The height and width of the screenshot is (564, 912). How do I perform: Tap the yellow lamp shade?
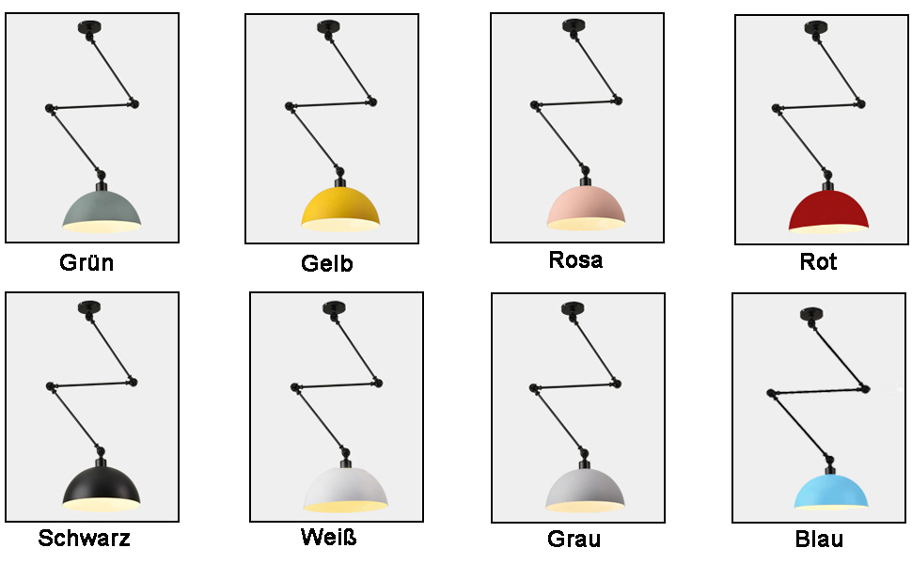[x=340, y=207]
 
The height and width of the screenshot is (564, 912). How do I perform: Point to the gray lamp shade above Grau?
[x=586, y=489]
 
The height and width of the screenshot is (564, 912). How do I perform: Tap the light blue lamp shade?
[x=829, y=488]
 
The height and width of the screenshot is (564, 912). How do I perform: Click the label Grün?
[x=86, y=262]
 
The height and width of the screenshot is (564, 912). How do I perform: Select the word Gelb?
[x=327, y=264]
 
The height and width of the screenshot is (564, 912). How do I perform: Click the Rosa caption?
[x=575, y=259]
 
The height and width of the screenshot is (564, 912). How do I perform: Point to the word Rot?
[x=818, y=261]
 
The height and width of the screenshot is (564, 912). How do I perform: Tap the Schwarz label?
[x=84, y=539]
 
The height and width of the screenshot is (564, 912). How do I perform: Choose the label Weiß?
[x=328, y=538]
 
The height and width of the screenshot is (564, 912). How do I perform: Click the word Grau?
[x=574, y=540]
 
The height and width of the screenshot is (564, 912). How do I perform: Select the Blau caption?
[x=819, y=540]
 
